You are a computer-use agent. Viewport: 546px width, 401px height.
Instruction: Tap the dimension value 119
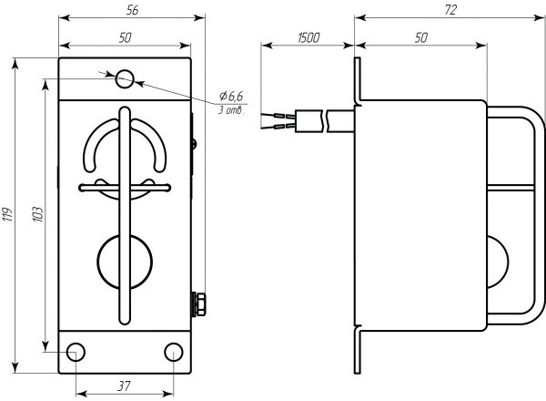8,213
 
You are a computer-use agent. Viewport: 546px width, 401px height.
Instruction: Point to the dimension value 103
36,213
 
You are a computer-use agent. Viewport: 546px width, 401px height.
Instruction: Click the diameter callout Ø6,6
231,97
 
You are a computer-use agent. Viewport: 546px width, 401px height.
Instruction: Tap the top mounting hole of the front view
126,79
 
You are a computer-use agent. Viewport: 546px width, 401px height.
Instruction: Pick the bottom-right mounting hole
173,352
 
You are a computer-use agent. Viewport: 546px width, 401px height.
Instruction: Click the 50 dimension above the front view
126,37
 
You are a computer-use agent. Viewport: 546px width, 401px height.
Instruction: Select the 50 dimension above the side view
421,37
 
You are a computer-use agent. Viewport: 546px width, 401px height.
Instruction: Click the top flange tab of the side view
359,77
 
